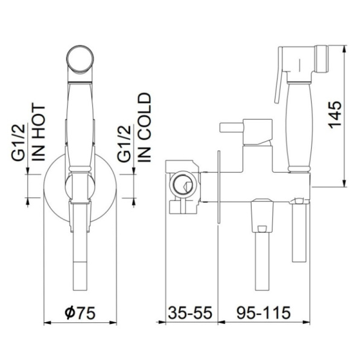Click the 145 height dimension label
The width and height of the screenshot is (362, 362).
(x=335, y=115)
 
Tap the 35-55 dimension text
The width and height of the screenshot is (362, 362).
(x=190, y=313)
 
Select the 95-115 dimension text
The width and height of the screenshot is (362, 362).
(x=264, y=313)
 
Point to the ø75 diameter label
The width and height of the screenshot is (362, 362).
(x=80, y=313)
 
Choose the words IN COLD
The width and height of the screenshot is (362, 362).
(x=144, y=127)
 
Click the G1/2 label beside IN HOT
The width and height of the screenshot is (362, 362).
(x=17, y=142)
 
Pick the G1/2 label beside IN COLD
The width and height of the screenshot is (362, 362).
(x=124, y=144)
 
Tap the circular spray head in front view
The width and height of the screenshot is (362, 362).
(x=80, y=59)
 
